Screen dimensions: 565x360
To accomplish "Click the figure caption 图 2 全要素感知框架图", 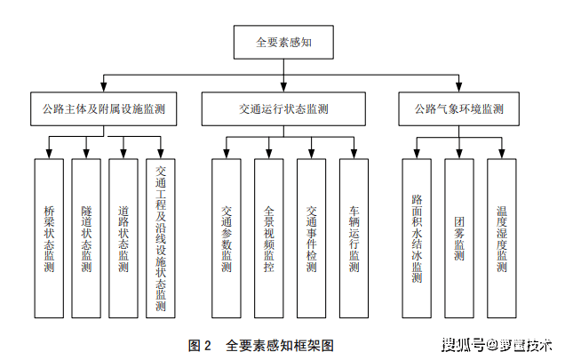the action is pos(261,346).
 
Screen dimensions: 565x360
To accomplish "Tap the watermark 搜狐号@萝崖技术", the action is pos(497,345).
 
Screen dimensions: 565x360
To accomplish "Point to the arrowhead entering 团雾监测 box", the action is pos(459,154).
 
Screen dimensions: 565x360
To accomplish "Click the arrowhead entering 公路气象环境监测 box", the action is pos(458,87).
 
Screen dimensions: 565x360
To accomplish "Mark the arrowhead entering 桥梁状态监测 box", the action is pos(49,154).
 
